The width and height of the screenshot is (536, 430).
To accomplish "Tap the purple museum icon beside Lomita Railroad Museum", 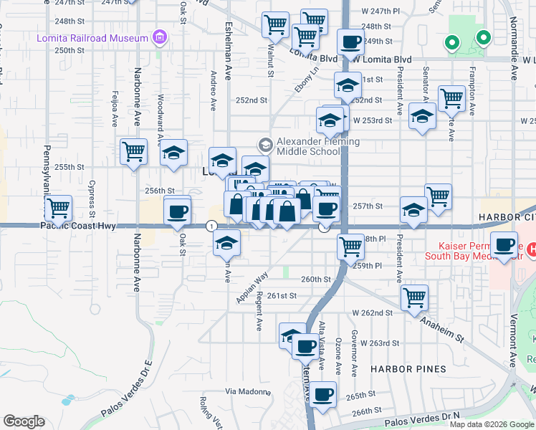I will (161, 37).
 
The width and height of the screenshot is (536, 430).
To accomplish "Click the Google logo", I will (24, 421).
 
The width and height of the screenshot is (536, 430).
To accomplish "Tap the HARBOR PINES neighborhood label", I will (408, 368).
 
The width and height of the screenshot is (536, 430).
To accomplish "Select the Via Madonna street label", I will (248, 391).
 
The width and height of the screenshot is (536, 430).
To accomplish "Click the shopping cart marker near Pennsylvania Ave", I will (59, 209).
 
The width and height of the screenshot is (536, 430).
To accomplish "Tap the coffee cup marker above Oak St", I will (178, 211).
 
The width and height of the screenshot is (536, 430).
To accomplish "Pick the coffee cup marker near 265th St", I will (323, 393).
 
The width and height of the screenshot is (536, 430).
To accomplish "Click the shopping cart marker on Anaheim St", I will (415, 297).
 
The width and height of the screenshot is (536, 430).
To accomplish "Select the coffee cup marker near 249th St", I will (350, 42).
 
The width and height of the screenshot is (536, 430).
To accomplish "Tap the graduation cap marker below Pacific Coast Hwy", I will (227, 244).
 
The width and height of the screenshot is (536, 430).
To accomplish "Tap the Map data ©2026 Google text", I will (490, 424).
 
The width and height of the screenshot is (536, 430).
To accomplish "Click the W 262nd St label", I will (373, 312).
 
